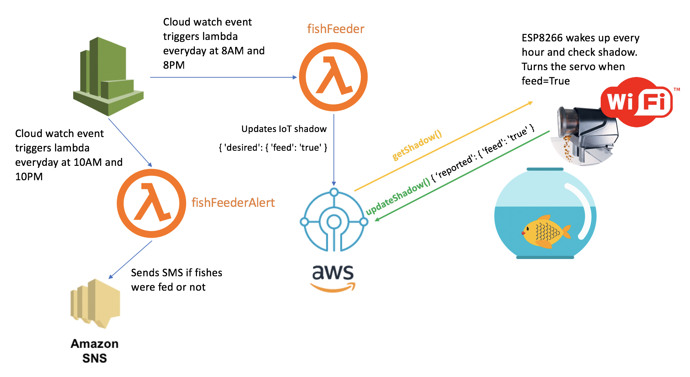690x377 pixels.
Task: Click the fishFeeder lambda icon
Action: pos(333,77)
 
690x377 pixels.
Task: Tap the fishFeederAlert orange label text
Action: pos(233,203)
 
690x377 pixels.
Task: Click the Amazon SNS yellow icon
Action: pos(95,303)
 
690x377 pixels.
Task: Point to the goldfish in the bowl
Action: pos(546,232)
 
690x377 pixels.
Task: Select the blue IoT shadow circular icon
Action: pos(334,220)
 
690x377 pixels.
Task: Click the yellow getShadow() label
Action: pos(417,145)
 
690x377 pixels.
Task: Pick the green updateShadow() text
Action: pos(398,197)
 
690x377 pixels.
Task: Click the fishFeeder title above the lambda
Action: pos(336,29)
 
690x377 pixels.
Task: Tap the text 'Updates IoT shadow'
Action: pos(284,129)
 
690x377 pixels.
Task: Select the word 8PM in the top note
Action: pos(174,65)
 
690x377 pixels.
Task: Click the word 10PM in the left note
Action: pos(29,177)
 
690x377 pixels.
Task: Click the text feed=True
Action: pos(545,81)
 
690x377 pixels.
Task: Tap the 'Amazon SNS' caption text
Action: pos(94,351)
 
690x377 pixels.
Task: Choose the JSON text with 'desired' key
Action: pos(273,147)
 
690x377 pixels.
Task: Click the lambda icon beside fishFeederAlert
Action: pos(151,203)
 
